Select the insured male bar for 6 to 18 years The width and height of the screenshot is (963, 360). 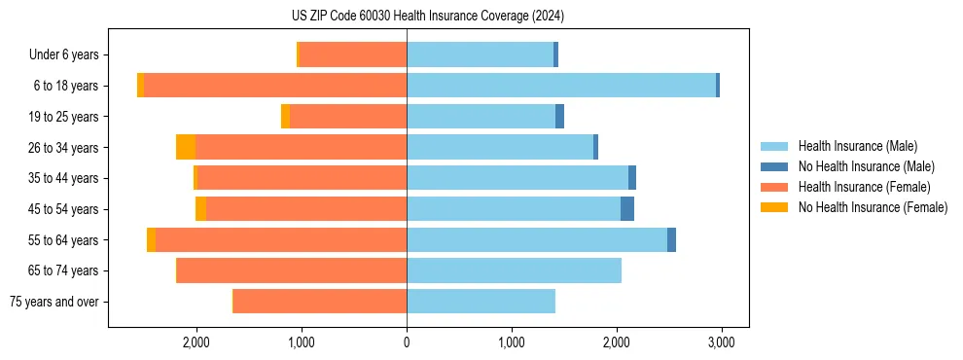point(561,86)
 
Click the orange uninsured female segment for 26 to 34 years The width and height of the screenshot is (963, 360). point(186,147)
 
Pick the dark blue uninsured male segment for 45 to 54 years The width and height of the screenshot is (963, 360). point(627,209)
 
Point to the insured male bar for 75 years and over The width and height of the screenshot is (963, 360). point(481,302)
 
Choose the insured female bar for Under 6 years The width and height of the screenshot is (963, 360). point(353,55)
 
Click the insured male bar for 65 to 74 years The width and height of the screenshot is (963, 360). point(514,270)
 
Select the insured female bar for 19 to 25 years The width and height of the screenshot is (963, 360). point(348,117)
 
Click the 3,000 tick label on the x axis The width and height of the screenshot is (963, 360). point(721,342)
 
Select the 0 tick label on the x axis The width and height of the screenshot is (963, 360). point(407,342)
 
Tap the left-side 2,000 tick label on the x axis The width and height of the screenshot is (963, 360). point(196,342)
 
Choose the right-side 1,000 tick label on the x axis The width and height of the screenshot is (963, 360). point(512,342)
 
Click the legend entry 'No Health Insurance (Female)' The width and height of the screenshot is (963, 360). point(873,207)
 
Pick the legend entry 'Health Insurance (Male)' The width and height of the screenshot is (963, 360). point(858,146)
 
